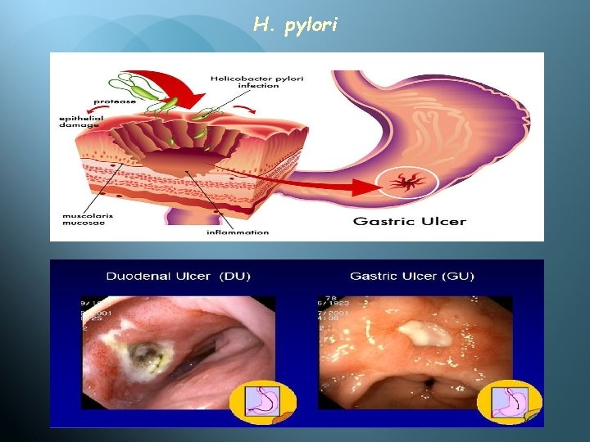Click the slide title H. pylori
pyautogui.click(x=294, y=25)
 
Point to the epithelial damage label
pyautogui.click(x=81, y=122)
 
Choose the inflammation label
pyautogui.click(x=238, y=232)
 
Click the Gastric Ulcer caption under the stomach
pyautogui.click(x=410, y=221)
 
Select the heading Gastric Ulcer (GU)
pyautogui.click(x=411, y=276)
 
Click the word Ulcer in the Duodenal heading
pyautogui.click(x=193, y=276)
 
